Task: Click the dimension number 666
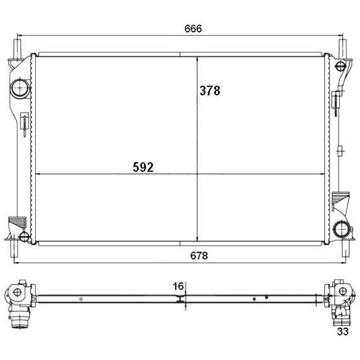tap(193, 28)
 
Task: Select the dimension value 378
tap(210, 91)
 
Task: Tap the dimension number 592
tap(143, 167)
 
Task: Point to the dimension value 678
tap(199, 255)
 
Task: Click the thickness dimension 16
tap(178, 286)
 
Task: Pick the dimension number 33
tap(342, 332)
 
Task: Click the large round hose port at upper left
tap(20, 88)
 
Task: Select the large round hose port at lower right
tap(342, 230)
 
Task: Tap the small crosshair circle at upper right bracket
tap(340, 66)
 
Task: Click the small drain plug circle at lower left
tap(24, 236)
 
